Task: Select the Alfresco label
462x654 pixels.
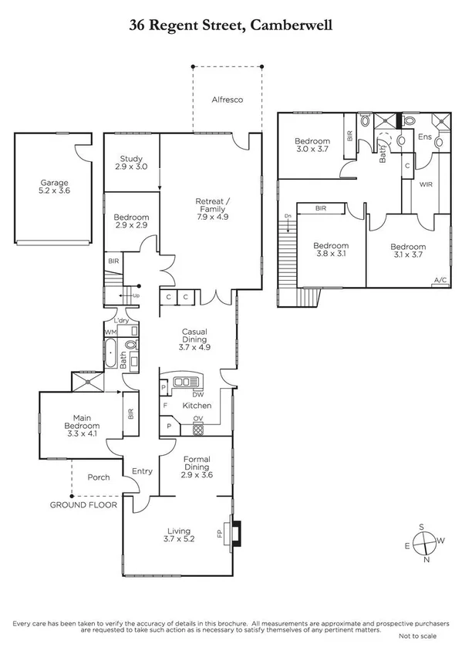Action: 228,100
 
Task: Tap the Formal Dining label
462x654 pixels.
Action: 197,467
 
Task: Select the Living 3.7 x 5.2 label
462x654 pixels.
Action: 179,534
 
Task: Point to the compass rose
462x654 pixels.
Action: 423,543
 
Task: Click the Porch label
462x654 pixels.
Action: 99,477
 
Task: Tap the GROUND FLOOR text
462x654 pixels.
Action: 83,506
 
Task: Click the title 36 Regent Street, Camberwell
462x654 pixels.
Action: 231,25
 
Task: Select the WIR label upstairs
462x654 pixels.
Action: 425,186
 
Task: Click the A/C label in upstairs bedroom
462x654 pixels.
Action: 440,280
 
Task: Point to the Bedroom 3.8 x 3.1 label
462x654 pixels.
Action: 331,251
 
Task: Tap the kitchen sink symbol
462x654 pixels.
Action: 186,381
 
